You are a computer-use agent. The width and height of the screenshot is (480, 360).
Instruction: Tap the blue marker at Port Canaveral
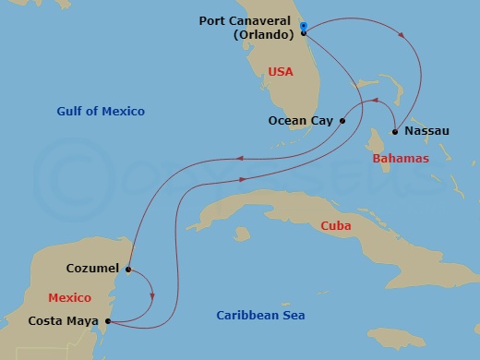point(304,27)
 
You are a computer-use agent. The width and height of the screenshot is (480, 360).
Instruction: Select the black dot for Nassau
point(395,131)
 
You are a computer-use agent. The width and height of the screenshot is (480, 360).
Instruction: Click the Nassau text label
point(426,131)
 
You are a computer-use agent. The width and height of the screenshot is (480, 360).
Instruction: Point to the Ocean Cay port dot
point(342,120)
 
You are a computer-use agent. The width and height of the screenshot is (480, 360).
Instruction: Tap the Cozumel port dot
point(128,270)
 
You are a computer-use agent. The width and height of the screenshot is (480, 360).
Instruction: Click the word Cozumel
point(92,269)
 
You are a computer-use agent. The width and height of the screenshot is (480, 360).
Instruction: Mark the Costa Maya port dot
point(110,321)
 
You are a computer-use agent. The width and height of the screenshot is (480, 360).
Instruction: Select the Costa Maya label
point(65,321)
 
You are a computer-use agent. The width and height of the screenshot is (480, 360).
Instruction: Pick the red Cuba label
point(335,226)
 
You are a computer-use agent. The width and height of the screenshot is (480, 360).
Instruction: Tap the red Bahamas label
point(401,159)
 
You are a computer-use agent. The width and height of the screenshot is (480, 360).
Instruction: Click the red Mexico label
point(70,297)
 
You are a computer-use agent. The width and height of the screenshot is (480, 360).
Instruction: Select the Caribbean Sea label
point(260,316)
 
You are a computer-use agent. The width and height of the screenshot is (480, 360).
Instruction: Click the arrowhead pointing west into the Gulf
point(238,158)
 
